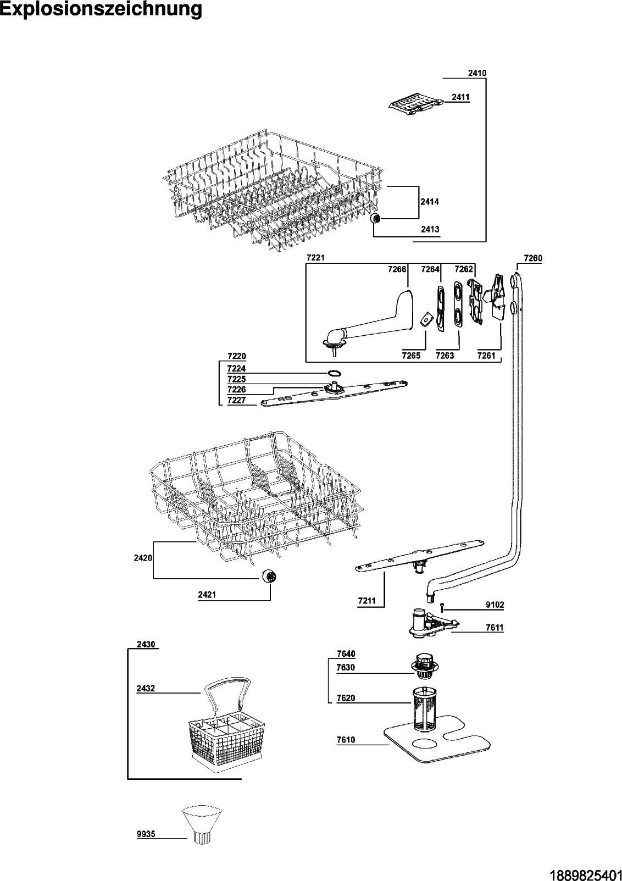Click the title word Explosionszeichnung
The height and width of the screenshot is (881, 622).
click(x=101, y=9)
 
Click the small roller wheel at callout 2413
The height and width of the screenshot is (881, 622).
click(x=377, y=219)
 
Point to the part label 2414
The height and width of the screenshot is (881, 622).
click(x=430, y=202)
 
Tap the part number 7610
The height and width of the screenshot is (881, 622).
click(x=346, y=740)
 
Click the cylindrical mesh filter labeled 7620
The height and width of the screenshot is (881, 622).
click(x=423, y=709)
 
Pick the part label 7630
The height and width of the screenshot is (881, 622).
click(x=346, y=667)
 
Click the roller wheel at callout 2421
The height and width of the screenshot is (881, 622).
click(x=269, y=577)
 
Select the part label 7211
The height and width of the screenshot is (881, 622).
click(x=366, y=601)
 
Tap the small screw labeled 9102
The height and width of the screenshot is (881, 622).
click(x=442, y=606)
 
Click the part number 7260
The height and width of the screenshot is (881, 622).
click(x=533, y=258)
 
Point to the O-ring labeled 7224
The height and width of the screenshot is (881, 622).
click(x=333, y=373)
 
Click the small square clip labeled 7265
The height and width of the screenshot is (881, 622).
click(x=424, y=320)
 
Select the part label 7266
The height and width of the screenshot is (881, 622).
click(x=397, y=269)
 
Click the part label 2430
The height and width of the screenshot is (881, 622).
click(x=146, y=644)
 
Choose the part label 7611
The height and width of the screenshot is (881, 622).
click(x=495, y=628)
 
